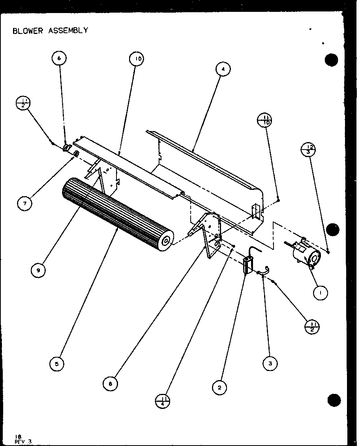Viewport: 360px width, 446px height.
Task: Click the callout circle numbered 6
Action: tap(59, 58)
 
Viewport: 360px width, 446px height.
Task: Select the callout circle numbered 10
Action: tap(136, 60)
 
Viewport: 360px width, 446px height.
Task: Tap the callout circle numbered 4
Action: tap(223, 69)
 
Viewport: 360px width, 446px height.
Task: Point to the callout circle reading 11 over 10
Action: tap(264, 120)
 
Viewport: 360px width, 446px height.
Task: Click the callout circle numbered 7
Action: tap(25, 203)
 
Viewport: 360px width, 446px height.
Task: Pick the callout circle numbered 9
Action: tap(38, 270)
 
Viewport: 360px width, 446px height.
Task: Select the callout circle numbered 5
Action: tap(57, 364)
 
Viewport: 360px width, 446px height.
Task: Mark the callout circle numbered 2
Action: tap(219, 388)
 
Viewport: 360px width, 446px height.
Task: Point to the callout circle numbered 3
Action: tap(270, 364)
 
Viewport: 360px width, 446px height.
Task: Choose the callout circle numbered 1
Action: tap(321, 292)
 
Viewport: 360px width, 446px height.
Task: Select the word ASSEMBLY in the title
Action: tap(68, 31)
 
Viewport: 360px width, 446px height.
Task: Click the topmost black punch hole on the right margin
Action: tap(332, 60)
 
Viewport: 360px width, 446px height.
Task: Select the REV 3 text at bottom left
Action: tap(22, 442)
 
